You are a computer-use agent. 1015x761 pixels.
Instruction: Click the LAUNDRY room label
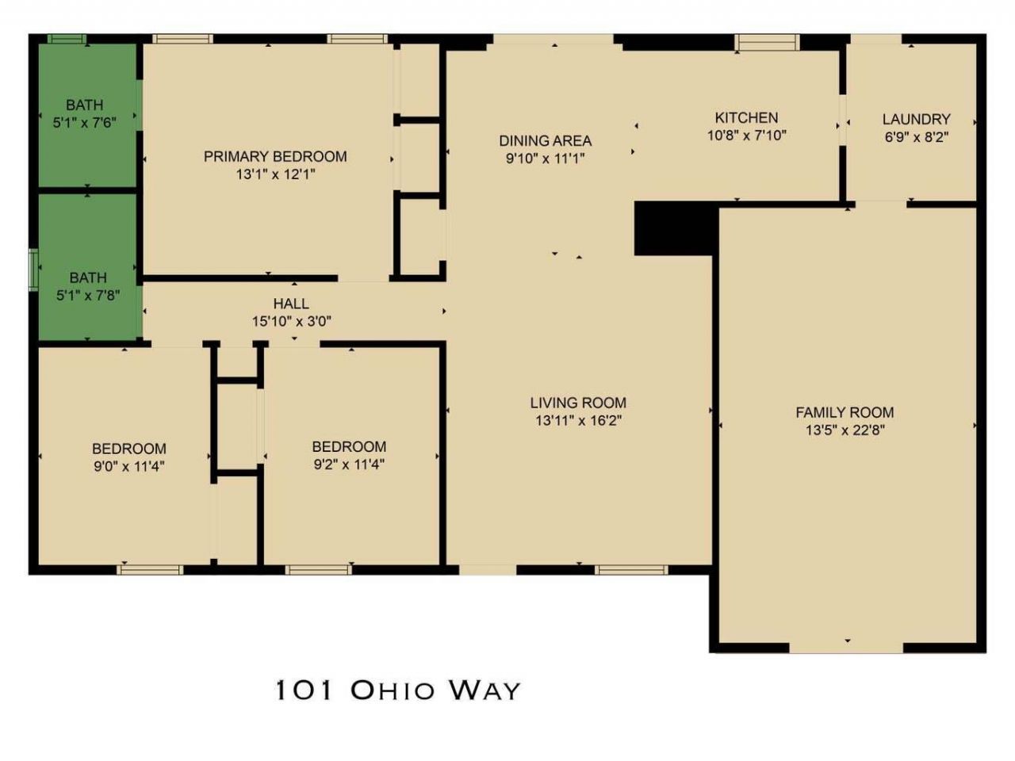click(916, 119)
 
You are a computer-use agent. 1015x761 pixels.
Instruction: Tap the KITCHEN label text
click(746, 117)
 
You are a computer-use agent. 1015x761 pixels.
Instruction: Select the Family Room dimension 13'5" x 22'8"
click(845, 430)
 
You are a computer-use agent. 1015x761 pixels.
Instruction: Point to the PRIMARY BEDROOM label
click(275, 156)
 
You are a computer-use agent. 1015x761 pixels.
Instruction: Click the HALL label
click(291, 304)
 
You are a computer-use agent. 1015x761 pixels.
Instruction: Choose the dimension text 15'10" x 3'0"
click(291, 321)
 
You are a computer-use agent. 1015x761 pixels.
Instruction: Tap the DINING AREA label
click(545, 140)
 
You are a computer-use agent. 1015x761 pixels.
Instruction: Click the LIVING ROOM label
click(578, 403)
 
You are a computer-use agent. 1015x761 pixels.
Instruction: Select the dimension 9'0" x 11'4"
click(128, 466)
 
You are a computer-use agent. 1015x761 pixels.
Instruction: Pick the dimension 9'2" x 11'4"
click(349, 465)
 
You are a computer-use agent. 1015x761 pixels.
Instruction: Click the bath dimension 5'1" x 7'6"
click(84, 122)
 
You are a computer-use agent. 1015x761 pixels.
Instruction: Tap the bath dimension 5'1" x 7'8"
click(87, 296)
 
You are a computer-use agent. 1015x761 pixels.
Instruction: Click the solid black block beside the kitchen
click(674, 228)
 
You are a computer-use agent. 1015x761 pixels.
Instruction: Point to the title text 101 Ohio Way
click(397, 690)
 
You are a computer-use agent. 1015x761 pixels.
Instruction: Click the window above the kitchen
click(766, 41)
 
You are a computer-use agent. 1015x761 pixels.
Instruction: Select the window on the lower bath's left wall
click(33, 270)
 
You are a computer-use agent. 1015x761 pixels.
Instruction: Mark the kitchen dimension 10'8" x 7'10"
click(746, 135)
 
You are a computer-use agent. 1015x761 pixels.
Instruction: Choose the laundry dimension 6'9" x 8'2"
click(916, 136)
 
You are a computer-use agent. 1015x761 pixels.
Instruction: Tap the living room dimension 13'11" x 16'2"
click(578, 420)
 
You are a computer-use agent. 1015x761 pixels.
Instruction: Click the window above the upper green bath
click(66, 38)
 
